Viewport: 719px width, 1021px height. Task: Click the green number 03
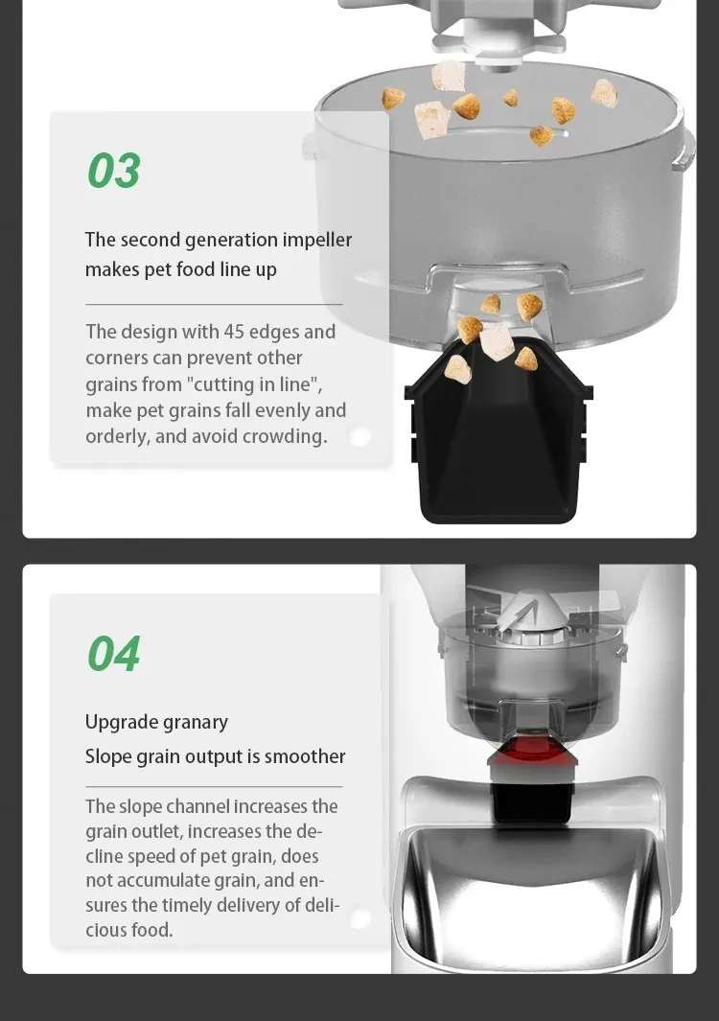click(114, 171)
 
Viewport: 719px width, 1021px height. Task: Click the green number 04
click(114, 654)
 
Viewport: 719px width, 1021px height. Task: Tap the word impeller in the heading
click(317, 241)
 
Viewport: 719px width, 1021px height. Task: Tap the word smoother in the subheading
click(305, 756)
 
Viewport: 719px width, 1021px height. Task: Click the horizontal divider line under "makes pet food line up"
click(214, 304)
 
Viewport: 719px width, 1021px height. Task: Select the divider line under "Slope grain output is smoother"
click(214, 786)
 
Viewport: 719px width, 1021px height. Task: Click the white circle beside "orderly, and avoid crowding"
click(360, 436)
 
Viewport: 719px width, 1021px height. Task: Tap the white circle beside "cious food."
click(360, 918)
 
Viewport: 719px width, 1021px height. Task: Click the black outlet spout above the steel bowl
click(532, 802)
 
